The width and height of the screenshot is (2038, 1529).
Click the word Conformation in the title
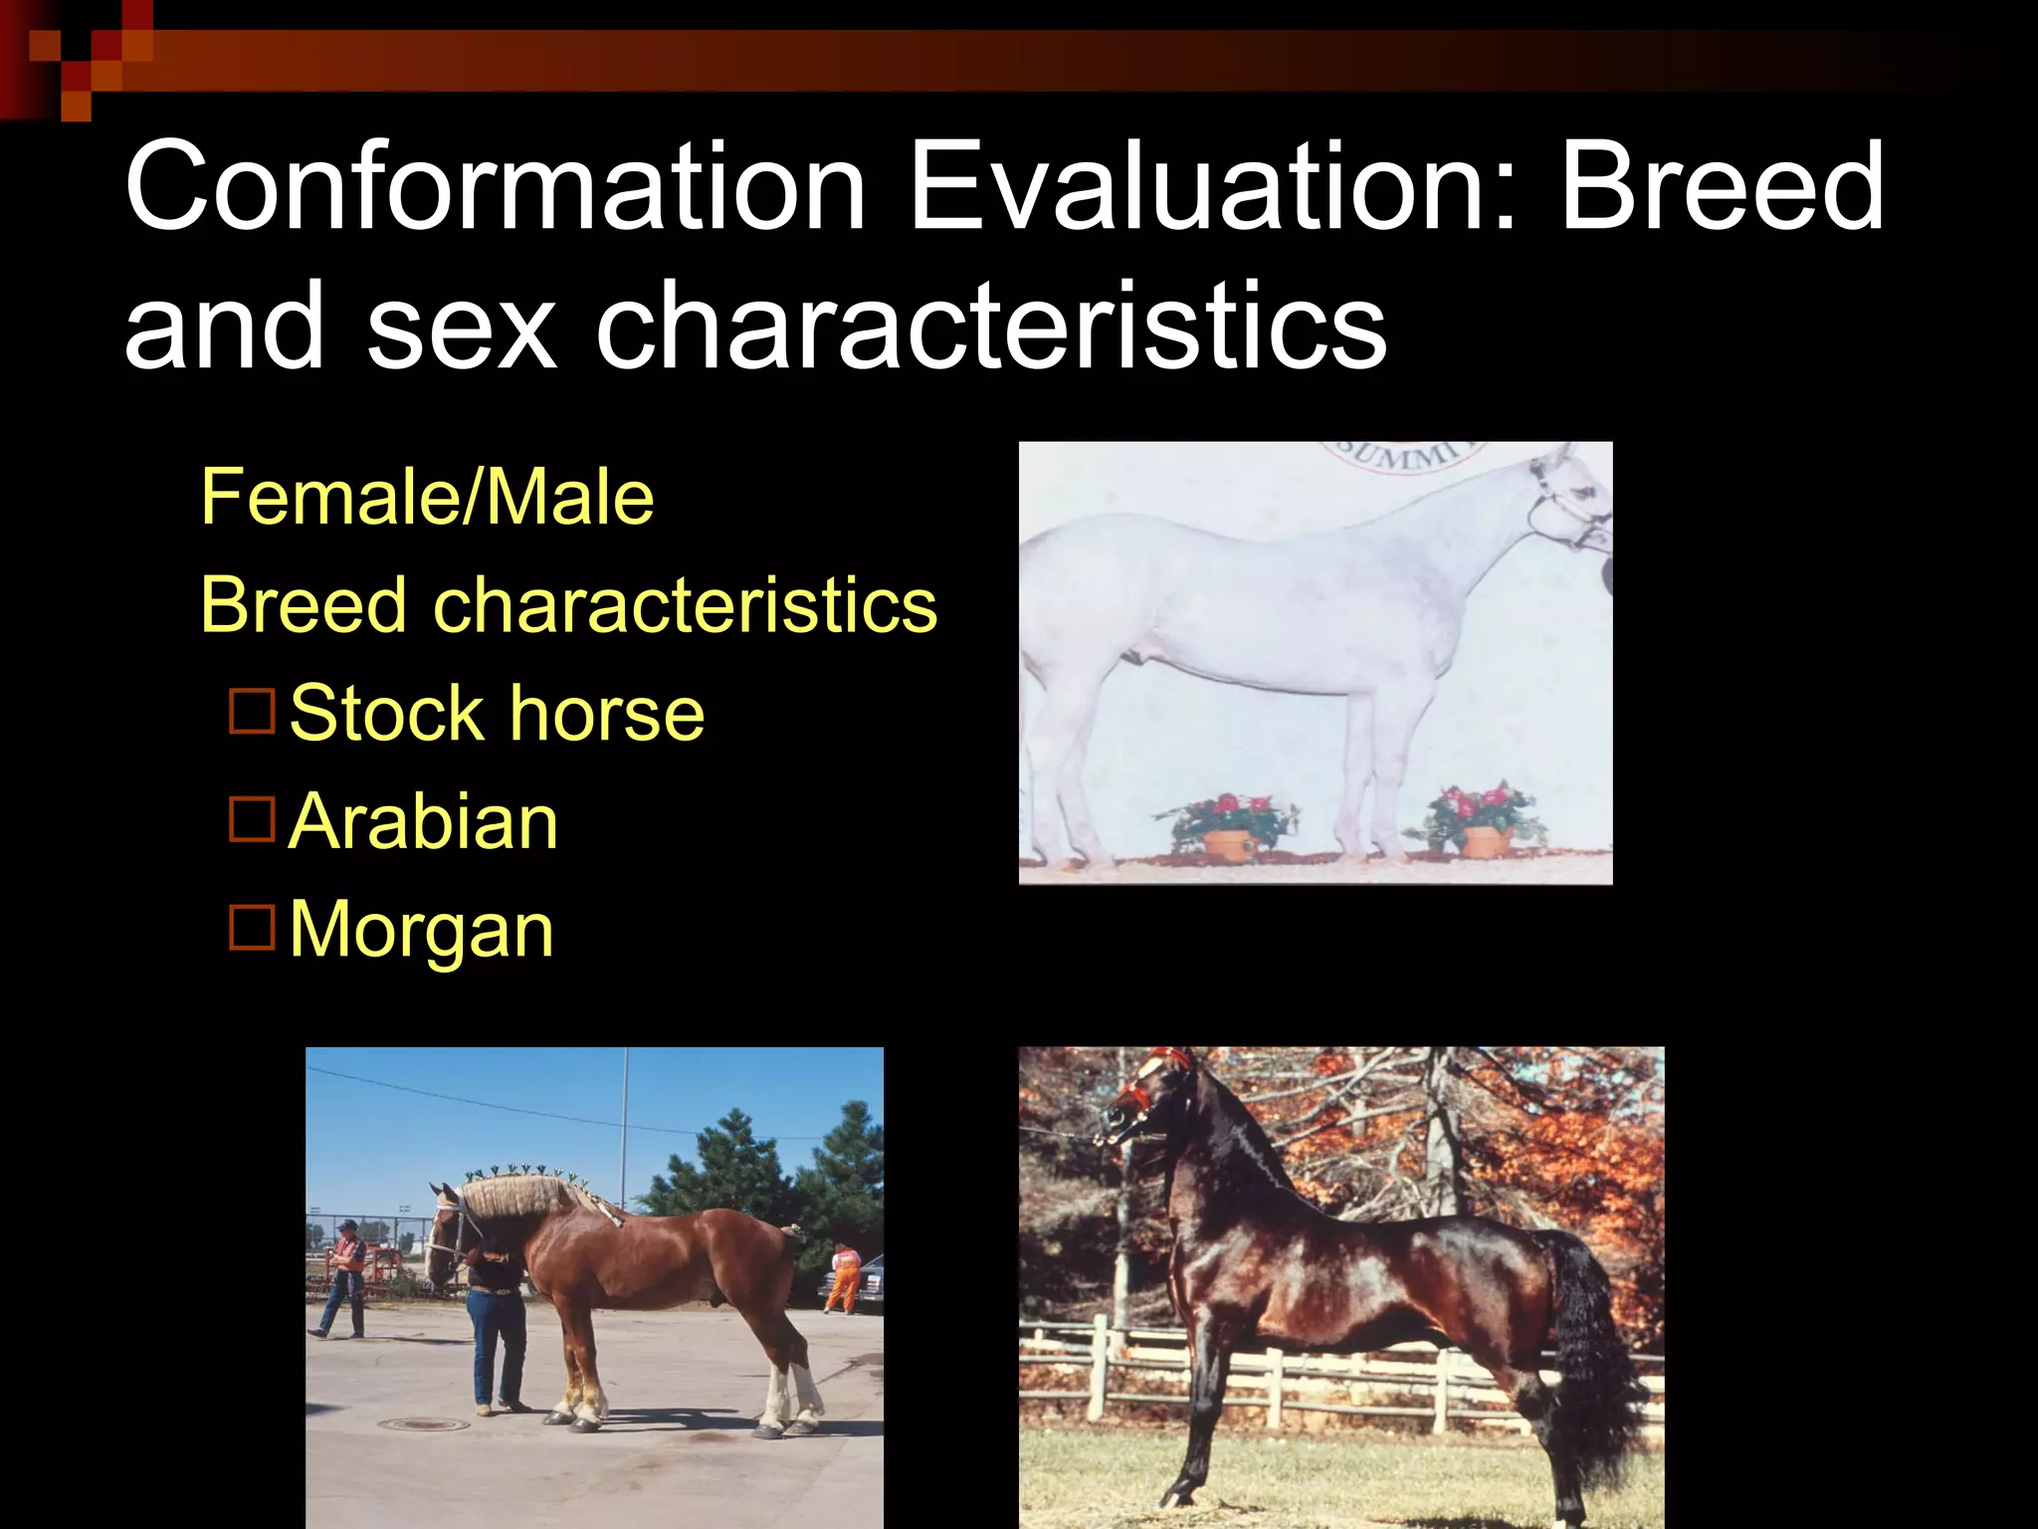click(x=495, y=187)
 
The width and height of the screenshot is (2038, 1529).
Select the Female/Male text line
click(x=427, y=497)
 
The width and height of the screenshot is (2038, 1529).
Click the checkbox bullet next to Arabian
click(x=252, y=819)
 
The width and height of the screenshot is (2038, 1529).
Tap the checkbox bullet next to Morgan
click(x=252, y=928)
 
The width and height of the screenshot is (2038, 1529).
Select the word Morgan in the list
click(x=421, y=930)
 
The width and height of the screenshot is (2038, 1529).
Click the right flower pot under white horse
click(x=1486, y=840)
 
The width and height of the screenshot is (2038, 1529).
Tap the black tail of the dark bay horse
click(x=1592, y=1364)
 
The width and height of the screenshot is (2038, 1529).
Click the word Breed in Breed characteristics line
click(x=304, y=605)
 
